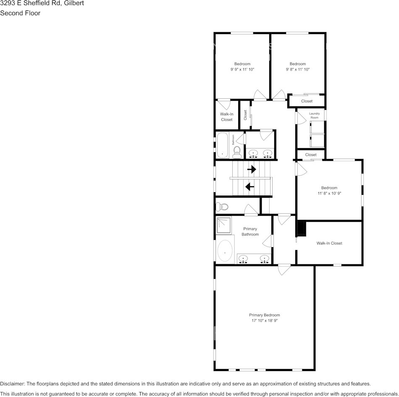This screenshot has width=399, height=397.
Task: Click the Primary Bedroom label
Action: [x=264, y=315]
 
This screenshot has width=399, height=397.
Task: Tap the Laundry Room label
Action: [x=314, y=115]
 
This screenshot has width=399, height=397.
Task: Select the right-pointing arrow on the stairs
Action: [x=252, y=170]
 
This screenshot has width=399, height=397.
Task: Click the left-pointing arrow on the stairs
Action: [x=250, y=187]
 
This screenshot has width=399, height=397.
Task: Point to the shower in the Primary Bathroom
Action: [x=224, y=225]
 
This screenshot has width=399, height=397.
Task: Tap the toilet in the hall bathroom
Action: [x=237, y=151]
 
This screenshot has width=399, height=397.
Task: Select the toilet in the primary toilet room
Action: [x=222, y=206]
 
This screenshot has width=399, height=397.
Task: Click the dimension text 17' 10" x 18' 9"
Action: [x=264, y=321]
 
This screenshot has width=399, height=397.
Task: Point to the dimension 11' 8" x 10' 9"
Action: [x=329, y=193]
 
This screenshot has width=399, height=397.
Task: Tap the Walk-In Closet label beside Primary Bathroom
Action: [x=329, y=243]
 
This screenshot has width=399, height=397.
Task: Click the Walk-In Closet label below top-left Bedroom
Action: [x=227, y=117]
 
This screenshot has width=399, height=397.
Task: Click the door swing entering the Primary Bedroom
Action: [x=284, y=269]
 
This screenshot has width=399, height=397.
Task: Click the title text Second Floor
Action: [x=20, y=13]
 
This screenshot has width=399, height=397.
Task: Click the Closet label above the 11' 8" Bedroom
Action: [x=311, y=155]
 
